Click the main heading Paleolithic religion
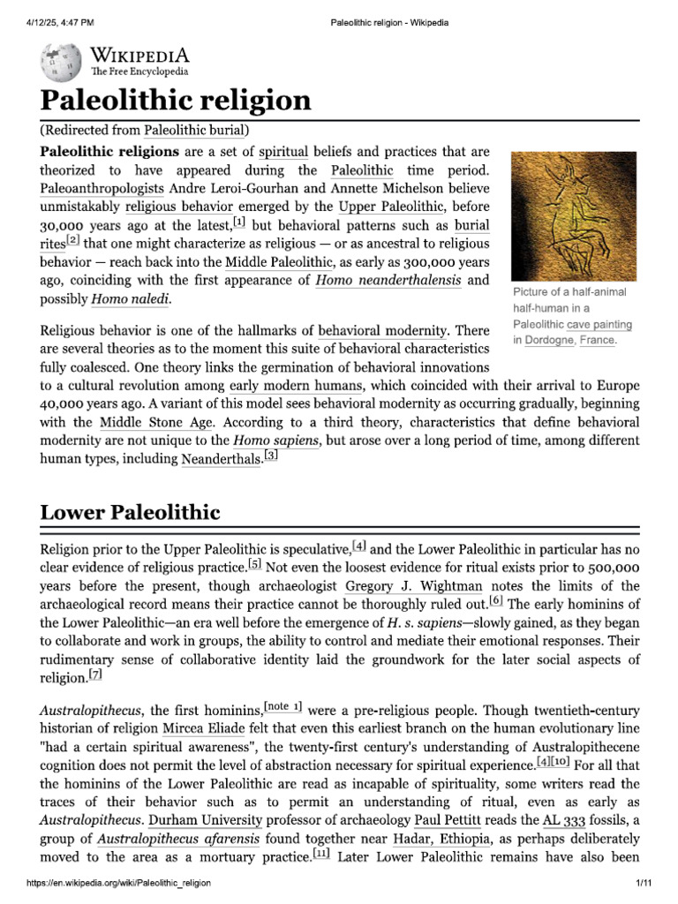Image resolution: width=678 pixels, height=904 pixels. (176, 101)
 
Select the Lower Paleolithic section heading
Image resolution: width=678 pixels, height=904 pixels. (131, 512)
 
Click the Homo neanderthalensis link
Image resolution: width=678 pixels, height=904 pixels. (388, 280)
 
